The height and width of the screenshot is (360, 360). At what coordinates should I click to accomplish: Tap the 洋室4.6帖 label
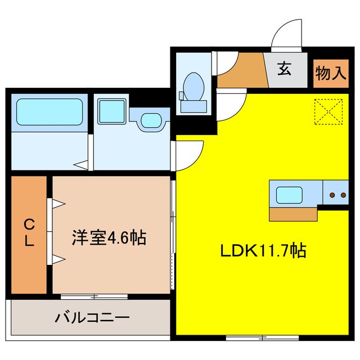[x=109, y=237]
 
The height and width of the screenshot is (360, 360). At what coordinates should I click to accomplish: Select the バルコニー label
[x=92, y=318]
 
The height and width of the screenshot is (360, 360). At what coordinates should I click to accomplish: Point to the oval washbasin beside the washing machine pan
[x=149, y=120]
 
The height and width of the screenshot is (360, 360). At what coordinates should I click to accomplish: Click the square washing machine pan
[x=112, y=111]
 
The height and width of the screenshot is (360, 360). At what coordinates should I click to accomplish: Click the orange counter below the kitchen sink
[x=292, y=214]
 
